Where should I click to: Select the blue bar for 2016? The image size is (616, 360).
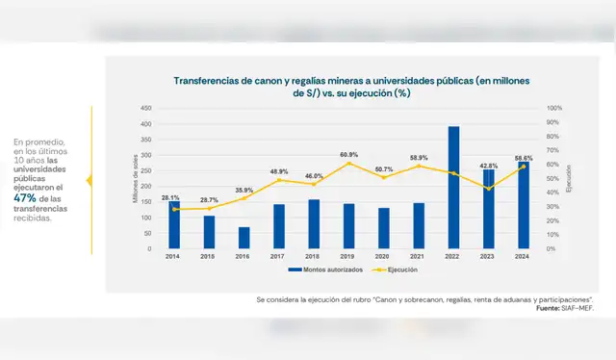point(244,238)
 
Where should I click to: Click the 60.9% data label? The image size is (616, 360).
point(348,154)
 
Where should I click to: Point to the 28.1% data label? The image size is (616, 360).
point(170,197)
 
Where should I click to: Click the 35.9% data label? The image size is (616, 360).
point(244,190)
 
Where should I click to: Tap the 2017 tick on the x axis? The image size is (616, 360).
point(279,257)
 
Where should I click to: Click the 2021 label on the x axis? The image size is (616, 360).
point(419,257)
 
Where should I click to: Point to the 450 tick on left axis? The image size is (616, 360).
point(145,108)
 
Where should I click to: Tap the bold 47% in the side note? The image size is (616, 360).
point(23,197)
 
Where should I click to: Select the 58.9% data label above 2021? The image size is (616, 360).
point(419,157)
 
